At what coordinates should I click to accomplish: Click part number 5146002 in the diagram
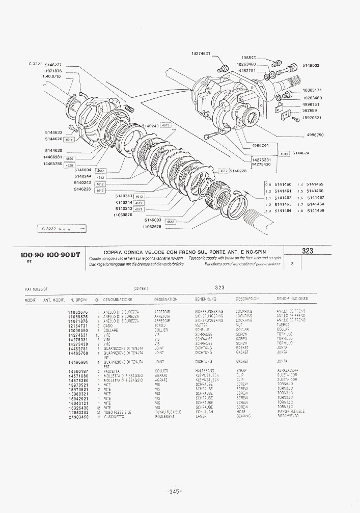coord(311,65)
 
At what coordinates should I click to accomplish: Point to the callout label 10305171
coord(312,90)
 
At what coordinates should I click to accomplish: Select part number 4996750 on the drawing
coord(315,135)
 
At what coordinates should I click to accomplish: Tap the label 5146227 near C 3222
coord(53,65)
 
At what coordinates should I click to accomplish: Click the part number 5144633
coord(53,132)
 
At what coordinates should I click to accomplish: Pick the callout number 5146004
coord(82,170)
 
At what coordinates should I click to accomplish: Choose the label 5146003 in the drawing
coord(153,220)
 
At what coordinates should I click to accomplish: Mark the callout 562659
coord(310,110)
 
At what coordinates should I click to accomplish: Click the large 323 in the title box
coord(307,251)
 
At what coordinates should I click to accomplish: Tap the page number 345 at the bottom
coord(174,492)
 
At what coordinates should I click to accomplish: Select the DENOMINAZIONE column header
coord(118,300)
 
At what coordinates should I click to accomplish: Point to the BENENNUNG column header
coord(206,299)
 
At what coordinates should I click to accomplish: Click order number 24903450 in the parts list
coord(78,417)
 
